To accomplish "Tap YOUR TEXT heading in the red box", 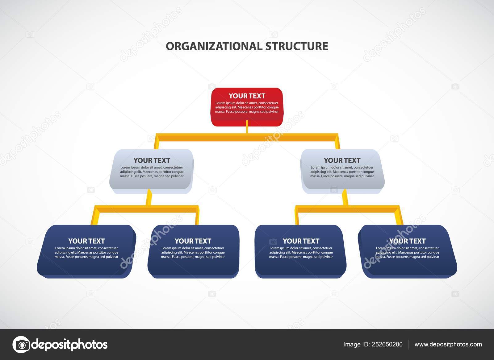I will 247,96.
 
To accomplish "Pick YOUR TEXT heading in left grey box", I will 152,160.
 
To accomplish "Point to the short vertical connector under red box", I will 247,127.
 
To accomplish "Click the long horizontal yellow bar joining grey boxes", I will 247,137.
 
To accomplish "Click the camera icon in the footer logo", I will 21,344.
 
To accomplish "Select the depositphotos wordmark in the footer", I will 70,344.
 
